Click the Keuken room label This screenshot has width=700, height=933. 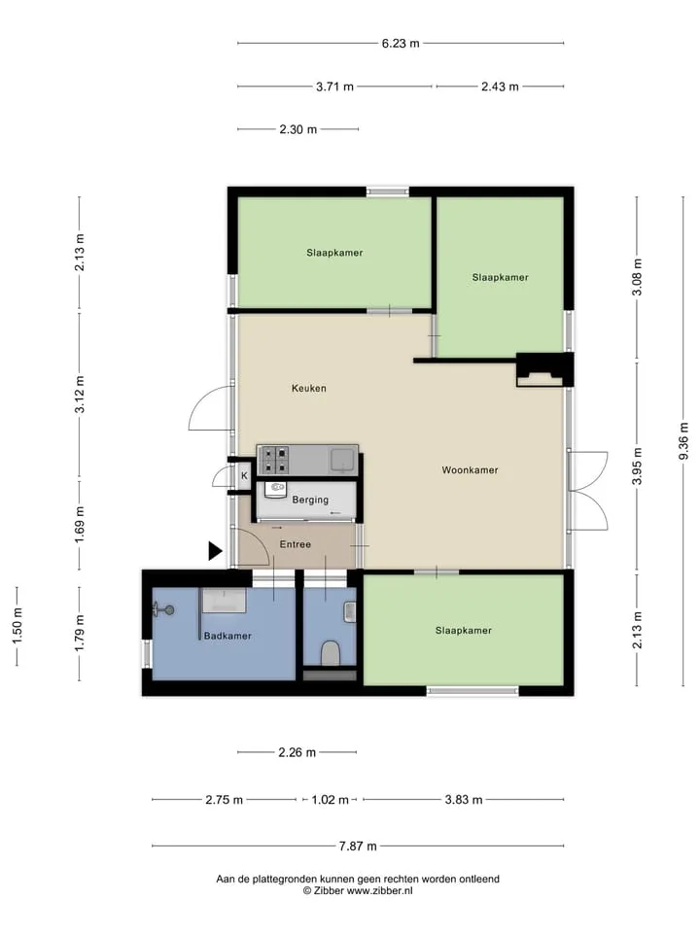click(x=308, y=388)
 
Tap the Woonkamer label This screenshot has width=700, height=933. click(x=470, y=470)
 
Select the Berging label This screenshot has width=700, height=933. click(x=310, y=500)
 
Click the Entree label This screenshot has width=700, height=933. click(x=296, y=544)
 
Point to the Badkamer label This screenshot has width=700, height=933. click(x=227, y=636)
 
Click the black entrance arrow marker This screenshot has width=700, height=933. click(x=215, y=551)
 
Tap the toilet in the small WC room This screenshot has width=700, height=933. click(x=330, y=653)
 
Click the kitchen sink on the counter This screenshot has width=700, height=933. click(x=342, y=460)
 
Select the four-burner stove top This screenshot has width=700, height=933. click(x=274, y=460)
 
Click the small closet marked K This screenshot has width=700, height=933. click(x=244, y=476)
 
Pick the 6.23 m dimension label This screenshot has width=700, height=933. click(x=401, y=44)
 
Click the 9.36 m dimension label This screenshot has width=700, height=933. click(x=683, y=441)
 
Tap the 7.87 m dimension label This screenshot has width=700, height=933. click(x=358, y=847)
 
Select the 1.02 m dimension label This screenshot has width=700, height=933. click(x=330, y=800)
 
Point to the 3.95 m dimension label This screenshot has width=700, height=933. click(x=638, y=466)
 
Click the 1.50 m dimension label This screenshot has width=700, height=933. click(x=17, y=625)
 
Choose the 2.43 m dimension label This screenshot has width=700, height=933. click(x=500, y=86)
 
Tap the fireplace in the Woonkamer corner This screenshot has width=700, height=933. click(x=541, y=370)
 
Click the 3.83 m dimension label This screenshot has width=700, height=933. click(x=464, y=800)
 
